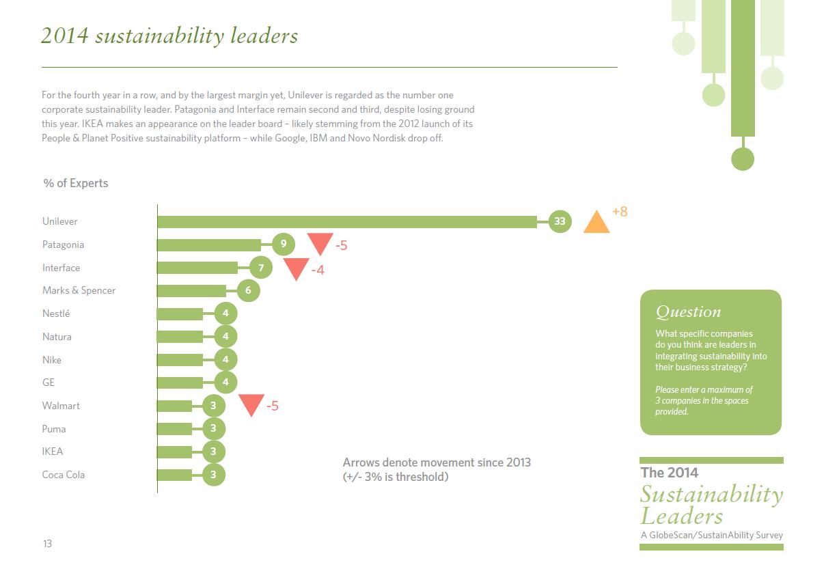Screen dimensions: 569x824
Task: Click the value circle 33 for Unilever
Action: [x=560, y=221]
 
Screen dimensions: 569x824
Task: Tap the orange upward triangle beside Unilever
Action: [x=596, y=223]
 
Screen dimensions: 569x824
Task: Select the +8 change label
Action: [x=620, y=212]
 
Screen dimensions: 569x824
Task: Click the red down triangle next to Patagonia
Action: [x=319, y=242]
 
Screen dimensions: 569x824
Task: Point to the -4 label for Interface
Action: [x=318, y=270]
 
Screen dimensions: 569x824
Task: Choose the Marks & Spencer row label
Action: [x=79, y=290]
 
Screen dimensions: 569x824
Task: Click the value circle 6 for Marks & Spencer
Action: [x=248, y=290]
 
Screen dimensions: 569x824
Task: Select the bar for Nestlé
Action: [x=180, y=314]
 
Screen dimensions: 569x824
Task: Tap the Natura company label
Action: [x=57, y=337]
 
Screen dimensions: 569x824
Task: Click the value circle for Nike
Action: [x=225, y=359]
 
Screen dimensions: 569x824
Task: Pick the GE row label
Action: [x=49, y=383]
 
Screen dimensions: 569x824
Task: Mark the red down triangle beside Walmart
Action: [x=251, y=404]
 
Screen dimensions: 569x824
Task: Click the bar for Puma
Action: [x=175, y=428]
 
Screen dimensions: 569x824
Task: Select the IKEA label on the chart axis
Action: [x=53, y=452]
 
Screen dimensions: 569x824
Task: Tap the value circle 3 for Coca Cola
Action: [x=214, y=475]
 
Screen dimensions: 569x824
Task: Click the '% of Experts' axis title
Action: [x=75, y=183]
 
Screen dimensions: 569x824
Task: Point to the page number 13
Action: [x=47, y=544]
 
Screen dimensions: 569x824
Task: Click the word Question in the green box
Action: [x=688, y=312]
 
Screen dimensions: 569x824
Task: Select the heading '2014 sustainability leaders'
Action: [x=169, y=36]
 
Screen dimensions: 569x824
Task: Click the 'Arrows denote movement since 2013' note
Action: [x=437, y=462]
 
